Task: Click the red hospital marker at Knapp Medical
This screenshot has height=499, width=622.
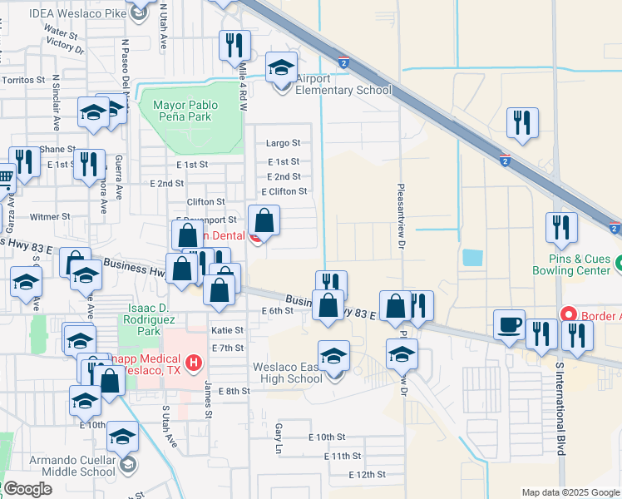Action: [x=194, y=363]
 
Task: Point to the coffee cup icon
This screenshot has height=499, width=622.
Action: [x=509, y=325]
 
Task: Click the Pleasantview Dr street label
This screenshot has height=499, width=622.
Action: [x=401, y=217]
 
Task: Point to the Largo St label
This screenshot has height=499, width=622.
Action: [x=283, y=144]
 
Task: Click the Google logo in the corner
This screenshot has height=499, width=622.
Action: [x=27, y=489]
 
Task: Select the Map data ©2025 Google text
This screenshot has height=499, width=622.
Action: [x=570, y=492]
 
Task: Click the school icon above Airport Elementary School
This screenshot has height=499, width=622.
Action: [x=281, y=67]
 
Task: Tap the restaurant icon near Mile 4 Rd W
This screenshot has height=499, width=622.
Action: [x=234, y=45]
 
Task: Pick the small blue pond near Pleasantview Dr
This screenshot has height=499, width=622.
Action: [x=471, y=258]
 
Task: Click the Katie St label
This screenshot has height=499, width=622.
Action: [x=228, y=330]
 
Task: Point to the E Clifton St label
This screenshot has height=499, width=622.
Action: [x=284, y=191]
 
